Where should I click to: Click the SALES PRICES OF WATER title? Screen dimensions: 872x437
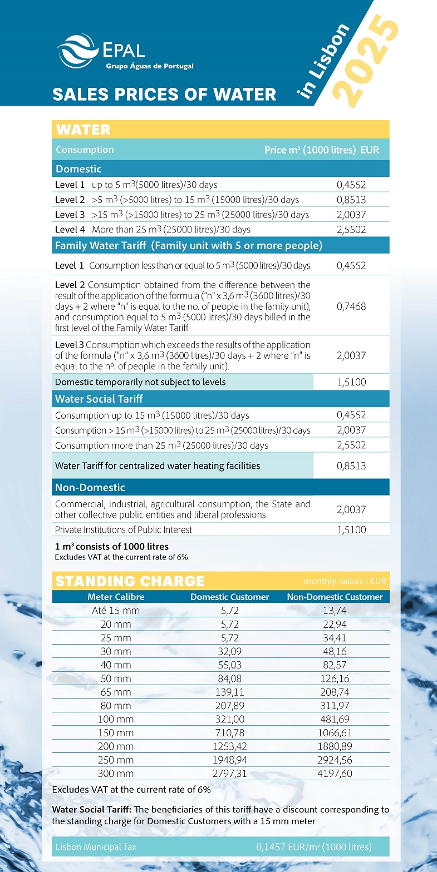click(164, 94)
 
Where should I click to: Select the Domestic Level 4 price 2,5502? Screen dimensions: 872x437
click(351, 230)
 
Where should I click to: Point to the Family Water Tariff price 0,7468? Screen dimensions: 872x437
click(351, 306)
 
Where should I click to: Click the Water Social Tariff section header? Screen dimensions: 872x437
click(99, 399)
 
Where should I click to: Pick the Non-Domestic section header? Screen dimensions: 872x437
click(90, 488)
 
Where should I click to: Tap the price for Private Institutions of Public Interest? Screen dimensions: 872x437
click(351, 530)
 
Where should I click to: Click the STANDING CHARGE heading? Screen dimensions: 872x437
click(130, 581)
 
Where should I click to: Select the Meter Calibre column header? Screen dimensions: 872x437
click(116, 597)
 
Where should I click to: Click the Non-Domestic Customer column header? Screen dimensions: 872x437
click(335, 597)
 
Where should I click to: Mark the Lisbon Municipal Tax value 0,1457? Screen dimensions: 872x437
click(314, 848)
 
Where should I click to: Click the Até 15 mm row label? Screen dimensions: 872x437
click(116, 610)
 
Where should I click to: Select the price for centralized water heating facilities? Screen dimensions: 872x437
click(351, 466)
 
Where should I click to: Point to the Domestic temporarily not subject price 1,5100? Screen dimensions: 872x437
click(351, 382)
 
